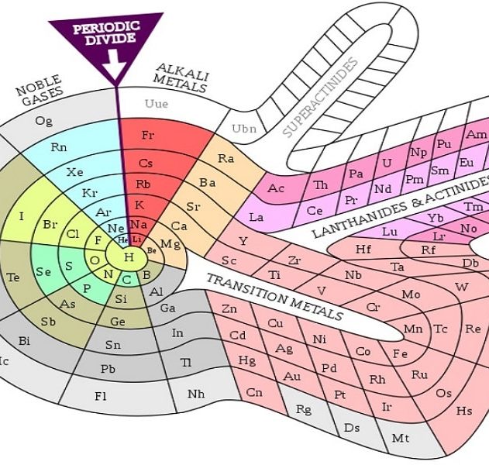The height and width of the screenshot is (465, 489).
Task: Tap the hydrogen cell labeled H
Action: click(x=129, y=257)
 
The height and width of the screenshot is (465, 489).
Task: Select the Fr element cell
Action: click(x=148, y=135)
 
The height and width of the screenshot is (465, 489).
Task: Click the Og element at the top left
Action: click(x=43, y=120)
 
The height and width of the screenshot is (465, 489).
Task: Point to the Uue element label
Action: click(x=156, y=103)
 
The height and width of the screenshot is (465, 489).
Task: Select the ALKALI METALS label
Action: click(x=181, y=77)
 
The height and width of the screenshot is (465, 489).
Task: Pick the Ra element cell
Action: click(x=226, y=158)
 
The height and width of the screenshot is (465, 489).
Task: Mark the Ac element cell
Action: click(x=277, y=188)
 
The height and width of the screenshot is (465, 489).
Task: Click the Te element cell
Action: click(x=13, y=276)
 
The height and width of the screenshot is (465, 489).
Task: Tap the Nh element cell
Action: click(x=196, y=394)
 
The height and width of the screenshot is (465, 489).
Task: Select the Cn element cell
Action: click(x=253, y=392)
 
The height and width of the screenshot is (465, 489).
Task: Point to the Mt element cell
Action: click(x=400, y=439)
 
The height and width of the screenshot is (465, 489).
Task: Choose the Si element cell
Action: click(x=121, y=299)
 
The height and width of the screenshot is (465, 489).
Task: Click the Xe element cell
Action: click(x=75, y=171)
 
